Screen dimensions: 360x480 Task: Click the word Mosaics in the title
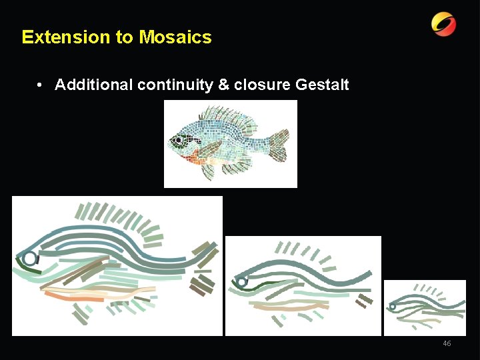pos(175,37)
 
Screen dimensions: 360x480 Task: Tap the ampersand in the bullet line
pos(223,85)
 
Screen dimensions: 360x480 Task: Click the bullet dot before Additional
pos(41,85)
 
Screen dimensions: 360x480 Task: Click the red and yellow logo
pos(444,25)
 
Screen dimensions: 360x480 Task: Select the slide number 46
pos(447,343)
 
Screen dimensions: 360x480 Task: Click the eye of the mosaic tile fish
pos(178,141)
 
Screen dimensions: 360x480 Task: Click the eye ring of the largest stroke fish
pos(29,258)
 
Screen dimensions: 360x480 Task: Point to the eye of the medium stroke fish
pos(241,282)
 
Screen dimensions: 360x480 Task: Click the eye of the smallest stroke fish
pos(393,307)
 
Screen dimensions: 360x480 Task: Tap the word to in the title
pos(125,37)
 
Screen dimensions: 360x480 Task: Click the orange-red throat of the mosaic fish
pos(191,157)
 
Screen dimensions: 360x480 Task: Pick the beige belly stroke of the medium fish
pos(287,306)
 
